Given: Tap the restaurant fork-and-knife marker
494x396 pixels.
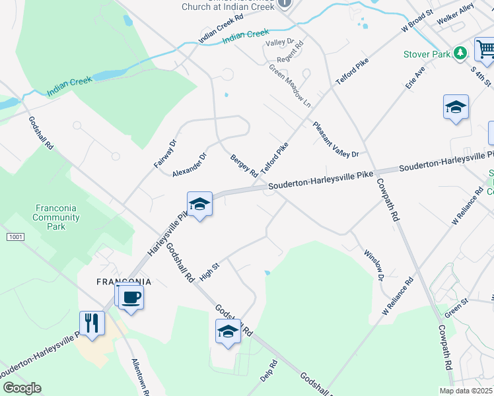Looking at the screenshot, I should click(x=92, y=323).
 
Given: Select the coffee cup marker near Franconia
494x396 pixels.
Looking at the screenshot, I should click(x=131, y=298).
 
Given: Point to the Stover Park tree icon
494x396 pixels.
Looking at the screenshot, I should click(x=460, y=53).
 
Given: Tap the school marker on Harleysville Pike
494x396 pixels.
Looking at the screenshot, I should click(x=199, y=205).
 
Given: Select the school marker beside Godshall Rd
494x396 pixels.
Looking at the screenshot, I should click(x=228, y=332).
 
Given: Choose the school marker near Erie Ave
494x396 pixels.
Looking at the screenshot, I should click(x=456, y=108).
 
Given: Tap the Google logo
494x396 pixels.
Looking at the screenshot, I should click(x=22, y=387).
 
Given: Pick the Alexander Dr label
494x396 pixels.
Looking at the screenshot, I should click(x=190, y=164).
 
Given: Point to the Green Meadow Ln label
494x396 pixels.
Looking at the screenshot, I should click(x=289, y=86).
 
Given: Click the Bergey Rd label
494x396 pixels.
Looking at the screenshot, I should click(x=244, y=166).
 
